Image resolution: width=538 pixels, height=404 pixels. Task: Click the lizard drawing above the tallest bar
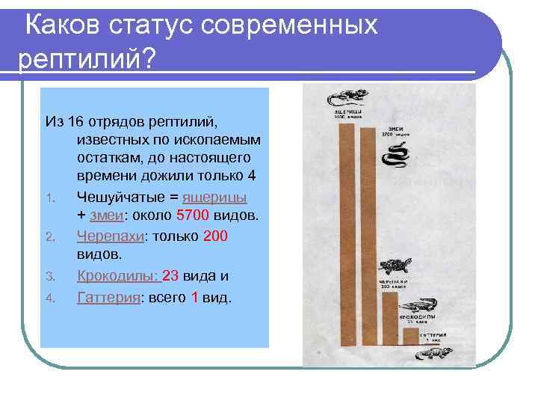pyautogui.click(x=344, y=98)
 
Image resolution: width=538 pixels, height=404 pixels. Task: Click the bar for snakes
pyautogui.click(x=368, y=247)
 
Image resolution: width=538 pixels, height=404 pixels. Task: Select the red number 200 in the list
pyautogui.click(x=215, y=236)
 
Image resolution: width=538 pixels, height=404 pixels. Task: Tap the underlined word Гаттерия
pyautogui.click(x=108, y=297)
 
